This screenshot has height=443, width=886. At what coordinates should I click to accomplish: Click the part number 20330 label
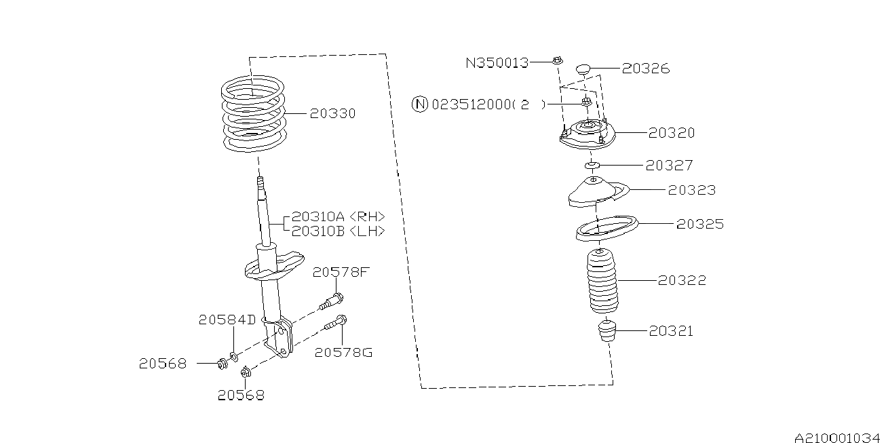point(332,113)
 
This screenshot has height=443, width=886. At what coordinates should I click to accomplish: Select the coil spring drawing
point(254,114)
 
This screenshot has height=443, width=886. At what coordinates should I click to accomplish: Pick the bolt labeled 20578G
point(336,324)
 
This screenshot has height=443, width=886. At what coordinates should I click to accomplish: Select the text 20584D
point(227,320)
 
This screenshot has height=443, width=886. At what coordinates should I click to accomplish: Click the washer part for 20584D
point(234,355)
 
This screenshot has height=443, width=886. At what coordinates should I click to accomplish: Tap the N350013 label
point(497,62)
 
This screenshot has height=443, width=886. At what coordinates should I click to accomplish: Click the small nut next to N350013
point(557,61)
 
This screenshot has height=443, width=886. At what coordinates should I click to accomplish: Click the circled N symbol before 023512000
point(420,104)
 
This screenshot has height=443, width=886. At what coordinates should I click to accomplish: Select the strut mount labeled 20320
point(587,134)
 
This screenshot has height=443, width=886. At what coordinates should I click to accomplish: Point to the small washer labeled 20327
point(592,166)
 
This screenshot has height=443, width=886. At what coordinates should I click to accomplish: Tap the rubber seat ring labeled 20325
point(606,227)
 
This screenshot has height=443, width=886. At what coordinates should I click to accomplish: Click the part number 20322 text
point(682,280)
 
